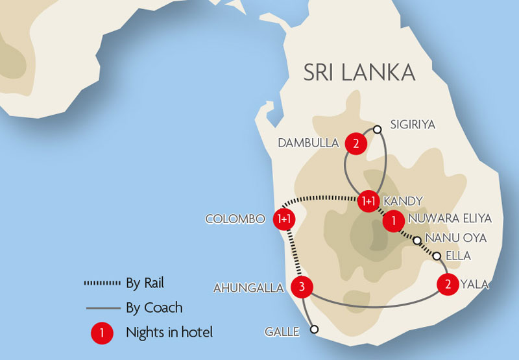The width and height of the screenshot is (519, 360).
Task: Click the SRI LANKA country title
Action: tap(359, 72)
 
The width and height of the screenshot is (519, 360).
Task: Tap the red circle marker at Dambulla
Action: tap(355, 143)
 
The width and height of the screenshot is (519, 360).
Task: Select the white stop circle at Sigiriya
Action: tap(377, 129)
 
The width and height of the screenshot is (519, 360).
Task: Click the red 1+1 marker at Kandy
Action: tap(368, 201)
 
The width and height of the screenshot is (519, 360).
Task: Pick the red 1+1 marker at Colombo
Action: tap(284, 219)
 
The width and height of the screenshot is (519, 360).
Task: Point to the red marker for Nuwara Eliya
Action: tap(391, 221)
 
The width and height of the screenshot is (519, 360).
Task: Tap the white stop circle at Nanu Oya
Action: tap(417, 241)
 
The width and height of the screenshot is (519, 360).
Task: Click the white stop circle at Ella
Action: tap(437, 256)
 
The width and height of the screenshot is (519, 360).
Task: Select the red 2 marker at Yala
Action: tap(448, 284)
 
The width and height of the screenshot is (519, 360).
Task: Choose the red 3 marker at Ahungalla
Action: tap(302, 286)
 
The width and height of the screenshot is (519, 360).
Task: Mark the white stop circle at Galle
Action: tap(315, 330)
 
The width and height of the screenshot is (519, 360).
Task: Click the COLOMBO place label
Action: tap(235, 219)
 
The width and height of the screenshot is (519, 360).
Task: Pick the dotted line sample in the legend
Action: tap(103, 283)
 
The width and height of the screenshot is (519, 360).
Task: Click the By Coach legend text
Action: tap(154, 307)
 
